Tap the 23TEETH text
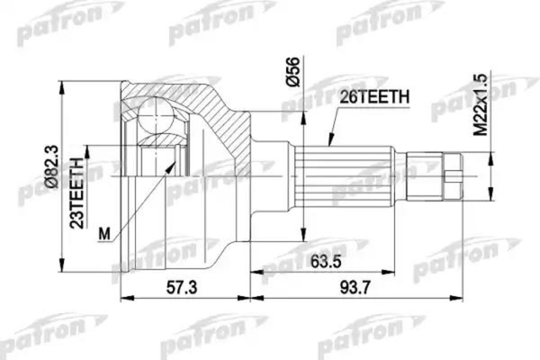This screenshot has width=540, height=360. pyautogui.click(x=78, y=191)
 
